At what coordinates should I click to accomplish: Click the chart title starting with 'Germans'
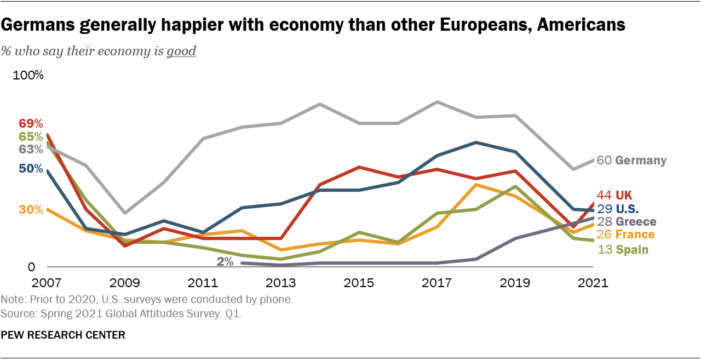[313, 25]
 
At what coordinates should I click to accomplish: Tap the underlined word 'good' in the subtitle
[181, 52]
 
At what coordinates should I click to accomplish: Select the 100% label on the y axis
[28, 75]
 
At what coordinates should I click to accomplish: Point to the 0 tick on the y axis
[31, 267]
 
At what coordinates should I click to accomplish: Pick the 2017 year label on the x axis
[436, 283]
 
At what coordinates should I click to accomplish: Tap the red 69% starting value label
[31, 123]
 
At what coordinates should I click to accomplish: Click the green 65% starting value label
[31, 136]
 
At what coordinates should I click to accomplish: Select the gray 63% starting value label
[31, 149]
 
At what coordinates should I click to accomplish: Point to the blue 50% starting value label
[31, 169]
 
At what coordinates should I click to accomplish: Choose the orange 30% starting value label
[31, 209]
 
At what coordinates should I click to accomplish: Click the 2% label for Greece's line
[225, 261]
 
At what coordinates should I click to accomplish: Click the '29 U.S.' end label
[618, 209]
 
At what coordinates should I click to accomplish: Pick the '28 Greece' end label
[626, 222]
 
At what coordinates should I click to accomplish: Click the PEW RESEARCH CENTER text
[63, 335]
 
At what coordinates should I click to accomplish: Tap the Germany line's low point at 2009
[125, 213]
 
